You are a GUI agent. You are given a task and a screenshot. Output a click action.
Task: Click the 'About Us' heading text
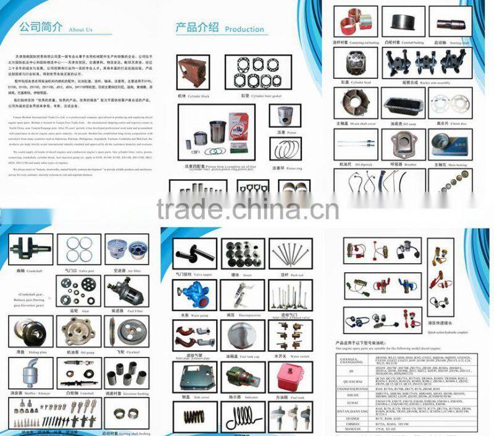(x=81, y=29)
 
